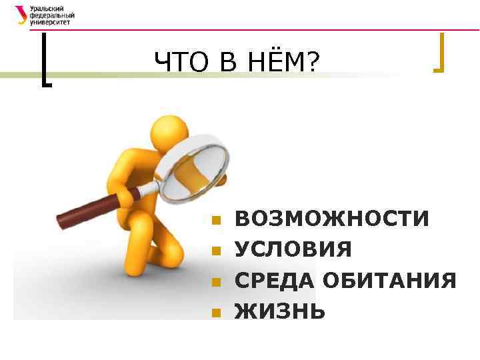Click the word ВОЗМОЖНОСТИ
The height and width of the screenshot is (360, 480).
332,219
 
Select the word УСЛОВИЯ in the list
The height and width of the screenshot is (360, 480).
293,249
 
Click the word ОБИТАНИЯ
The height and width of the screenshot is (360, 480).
389,280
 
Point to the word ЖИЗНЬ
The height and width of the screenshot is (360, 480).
280,311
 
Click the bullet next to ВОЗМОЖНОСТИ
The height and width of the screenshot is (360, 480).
215,220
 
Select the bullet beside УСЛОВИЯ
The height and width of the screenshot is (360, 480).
215,251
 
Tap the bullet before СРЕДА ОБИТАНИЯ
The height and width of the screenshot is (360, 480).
215,281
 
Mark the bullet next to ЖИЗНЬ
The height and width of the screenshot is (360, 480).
215,312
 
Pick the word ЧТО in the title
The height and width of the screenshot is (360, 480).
178,63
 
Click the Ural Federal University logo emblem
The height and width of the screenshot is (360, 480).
20,14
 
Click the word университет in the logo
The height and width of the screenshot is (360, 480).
49,21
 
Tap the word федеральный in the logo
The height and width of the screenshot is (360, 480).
52,14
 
